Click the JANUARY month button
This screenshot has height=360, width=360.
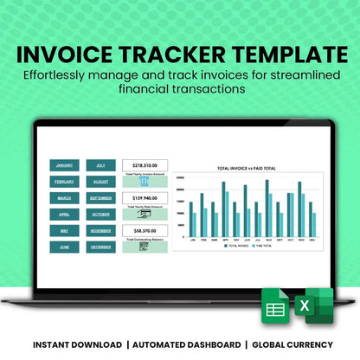(x=64, y=165)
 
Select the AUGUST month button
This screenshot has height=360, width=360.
(x=100, y=182)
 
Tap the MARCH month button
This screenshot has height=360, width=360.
(x=64, y=198)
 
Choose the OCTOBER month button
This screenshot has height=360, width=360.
(x=100, y=214)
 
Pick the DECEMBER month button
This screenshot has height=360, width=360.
(x=100, y=247)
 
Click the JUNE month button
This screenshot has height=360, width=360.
(x=64, y=247)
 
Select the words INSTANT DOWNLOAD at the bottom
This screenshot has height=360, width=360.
(x=77, y=345)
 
